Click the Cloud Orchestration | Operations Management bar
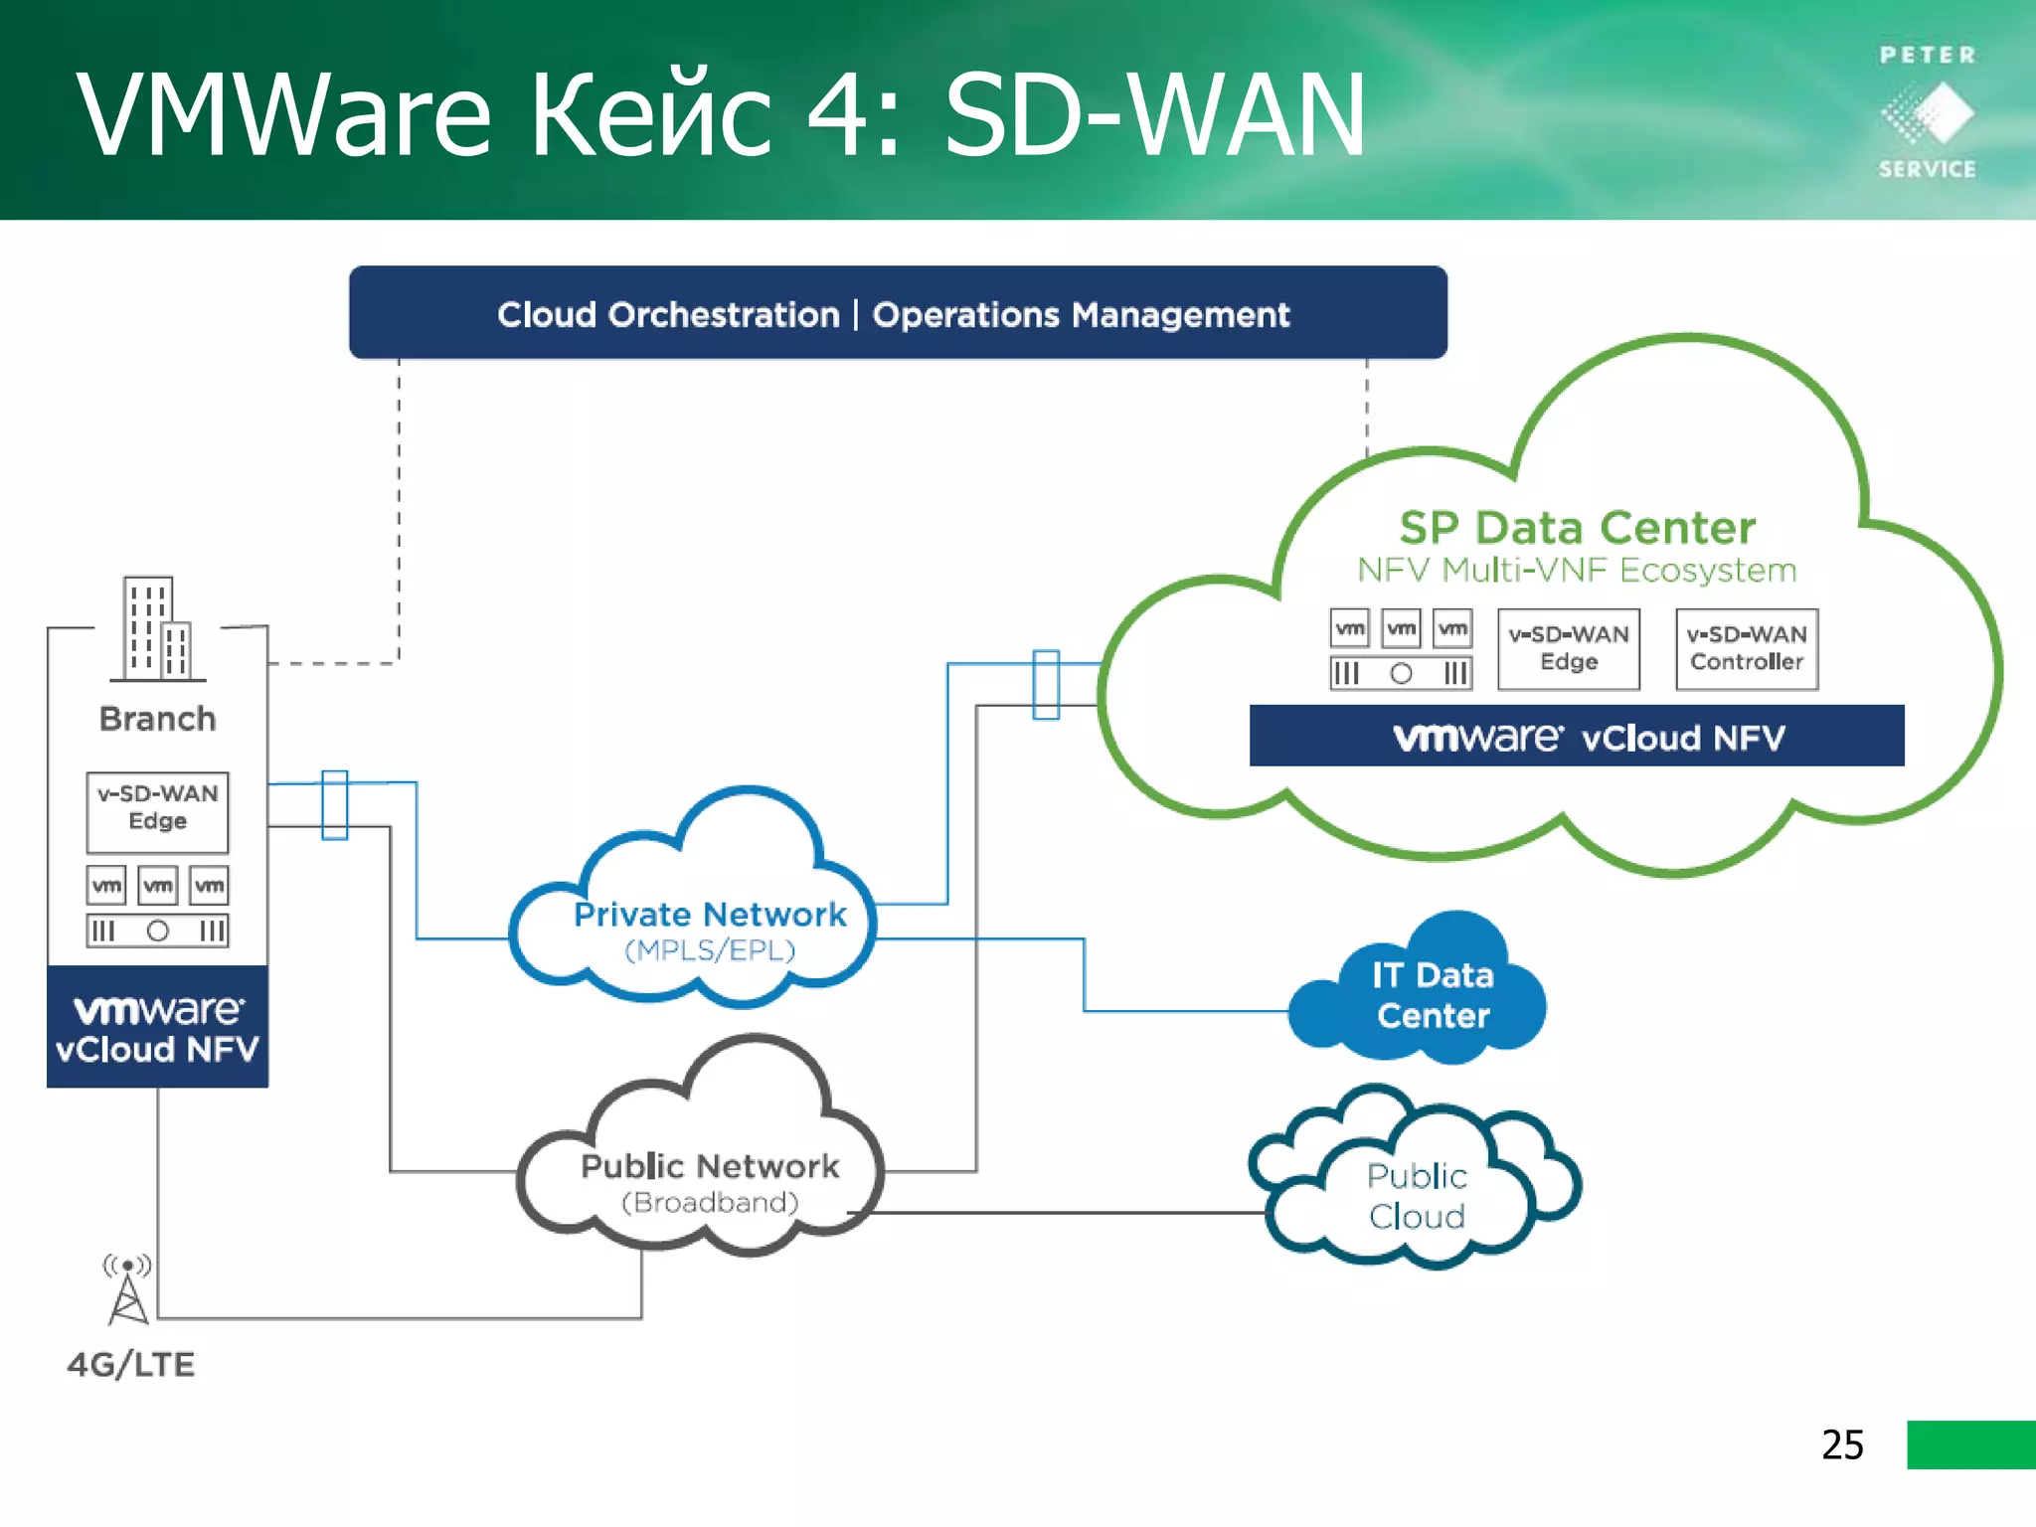point(897,313)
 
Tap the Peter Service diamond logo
point(1928,113)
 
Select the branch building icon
point(157,629)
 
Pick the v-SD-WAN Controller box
point(1746,648)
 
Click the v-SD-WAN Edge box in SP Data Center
point(1568,648)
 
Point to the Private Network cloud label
point(710,915)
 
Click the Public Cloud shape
point(1416,1193)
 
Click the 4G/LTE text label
point(130,1364)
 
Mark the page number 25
point(1841,1443)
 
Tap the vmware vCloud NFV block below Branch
point(157,1027)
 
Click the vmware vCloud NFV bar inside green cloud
point(1577,737)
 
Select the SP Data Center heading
point(1577,527)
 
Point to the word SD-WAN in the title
point(1153,117)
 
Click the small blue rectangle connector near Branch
point(334,804)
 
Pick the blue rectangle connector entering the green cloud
point(1046,684)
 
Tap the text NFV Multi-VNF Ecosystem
point(1577,571)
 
